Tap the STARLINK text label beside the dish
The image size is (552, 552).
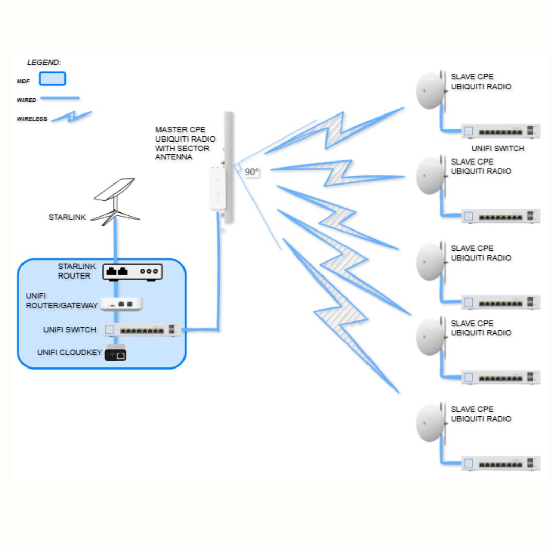[67, 217]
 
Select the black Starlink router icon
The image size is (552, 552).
[132, 272]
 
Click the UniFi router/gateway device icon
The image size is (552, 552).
[121, 304]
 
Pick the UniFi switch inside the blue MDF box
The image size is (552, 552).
[143, 330]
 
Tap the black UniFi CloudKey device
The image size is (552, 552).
[116, 354]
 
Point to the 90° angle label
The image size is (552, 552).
[251, 172]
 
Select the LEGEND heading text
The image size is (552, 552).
[44, 63]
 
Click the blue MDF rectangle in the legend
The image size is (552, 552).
[53, 79]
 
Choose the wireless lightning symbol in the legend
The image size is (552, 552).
[72, 117]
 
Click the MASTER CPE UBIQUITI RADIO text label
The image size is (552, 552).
[185, 144]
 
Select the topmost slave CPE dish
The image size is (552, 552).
[430, 90]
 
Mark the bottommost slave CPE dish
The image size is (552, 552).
[430, 423]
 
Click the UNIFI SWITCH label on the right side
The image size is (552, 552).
[498, 149]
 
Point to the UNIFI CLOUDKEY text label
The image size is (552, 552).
[67, 353]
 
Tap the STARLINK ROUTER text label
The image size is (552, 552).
[74, 271]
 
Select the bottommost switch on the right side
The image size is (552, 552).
[500, 464]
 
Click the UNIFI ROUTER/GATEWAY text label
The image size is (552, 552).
[61, 301]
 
